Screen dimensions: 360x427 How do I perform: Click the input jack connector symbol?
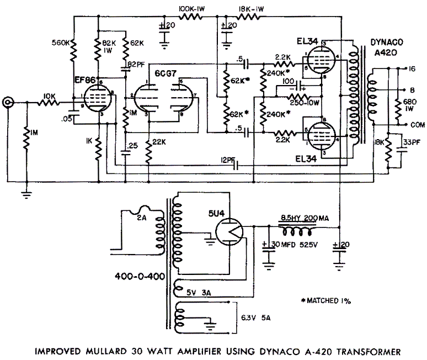(x=9, y=102)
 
